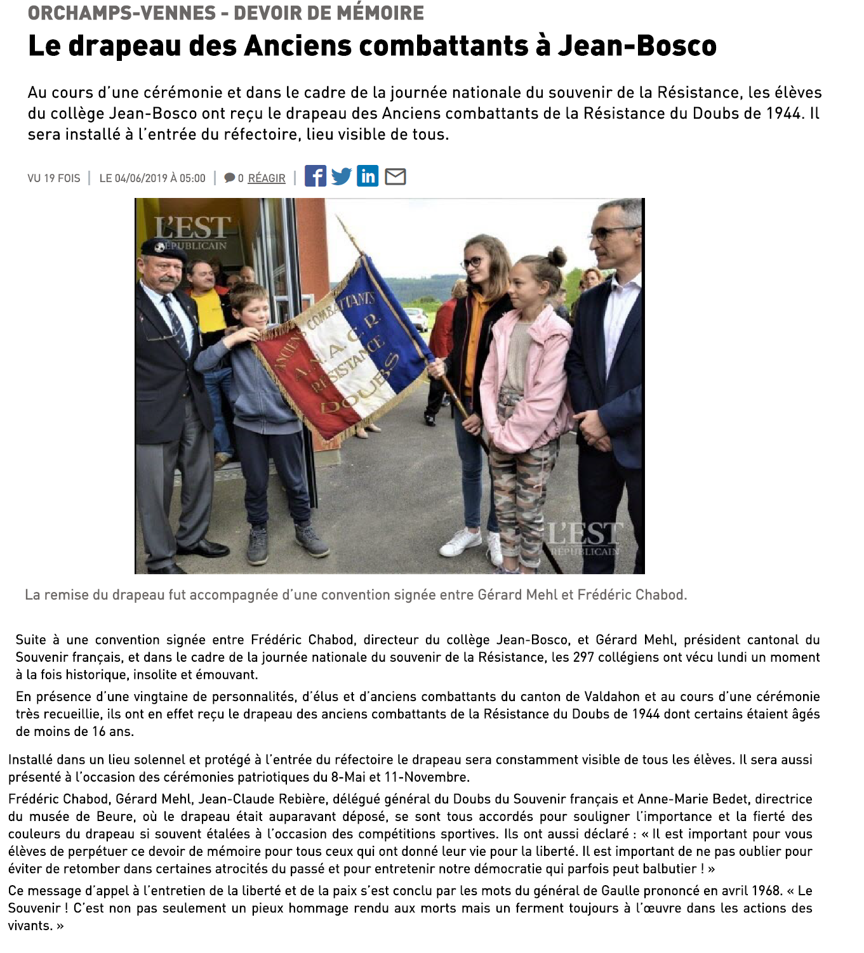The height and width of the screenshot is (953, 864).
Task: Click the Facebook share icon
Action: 316,176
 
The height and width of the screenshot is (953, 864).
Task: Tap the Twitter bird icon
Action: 342,176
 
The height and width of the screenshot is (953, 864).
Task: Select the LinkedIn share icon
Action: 368,176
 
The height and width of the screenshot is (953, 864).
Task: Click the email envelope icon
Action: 395,176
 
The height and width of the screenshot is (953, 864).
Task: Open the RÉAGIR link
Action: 267,178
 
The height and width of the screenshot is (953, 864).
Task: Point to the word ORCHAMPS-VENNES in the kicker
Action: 122,13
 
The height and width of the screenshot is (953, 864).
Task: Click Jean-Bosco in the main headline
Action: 637,46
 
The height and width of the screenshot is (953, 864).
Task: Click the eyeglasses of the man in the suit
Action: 611,232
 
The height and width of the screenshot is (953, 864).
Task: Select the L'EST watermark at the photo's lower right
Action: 584,537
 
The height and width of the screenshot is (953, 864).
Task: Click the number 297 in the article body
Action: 583,657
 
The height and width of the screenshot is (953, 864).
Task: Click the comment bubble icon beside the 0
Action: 230,178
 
